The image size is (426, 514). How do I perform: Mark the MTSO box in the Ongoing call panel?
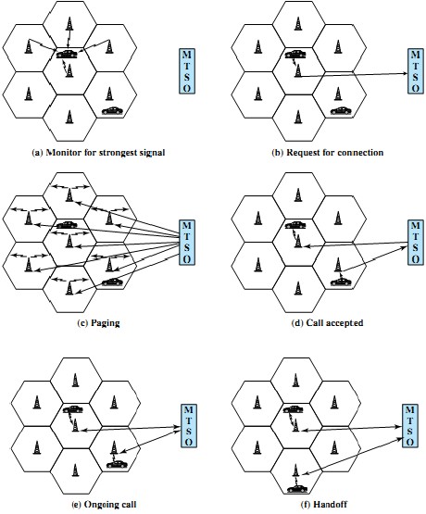pyautogui.click(x=188, y=423)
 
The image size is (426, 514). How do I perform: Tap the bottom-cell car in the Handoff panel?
pyautogui.click(x=295, y=486)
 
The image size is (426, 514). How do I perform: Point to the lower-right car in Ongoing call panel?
pyautogui.click(x=117, y=463)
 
